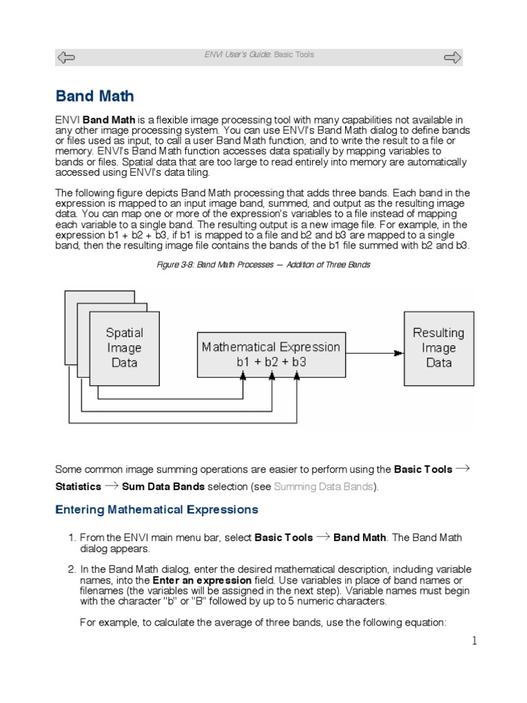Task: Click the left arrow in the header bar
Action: (x=67, y=57)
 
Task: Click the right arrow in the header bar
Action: (x=453, y=57)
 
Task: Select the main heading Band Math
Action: (x=94, y=96)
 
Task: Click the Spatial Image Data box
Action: (x=124, y=347)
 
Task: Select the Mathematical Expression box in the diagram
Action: (x=270, y=354)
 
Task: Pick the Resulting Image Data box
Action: (x=438, y=347)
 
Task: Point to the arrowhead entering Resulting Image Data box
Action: (x=399, y=353)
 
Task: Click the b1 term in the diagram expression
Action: (x=244, y=362)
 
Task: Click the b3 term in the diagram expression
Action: (x=296, y=362)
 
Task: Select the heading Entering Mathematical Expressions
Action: (x=156, y=509)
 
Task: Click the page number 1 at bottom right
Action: (x=473, y=641)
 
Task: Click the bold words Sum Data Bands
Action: (x=163, y=487)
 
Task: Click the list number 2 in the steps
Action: (x=71, y=569)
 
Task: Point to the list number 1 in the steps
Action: (x=71, y=538)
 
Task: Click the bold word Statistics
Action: (x=78, y=487)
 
